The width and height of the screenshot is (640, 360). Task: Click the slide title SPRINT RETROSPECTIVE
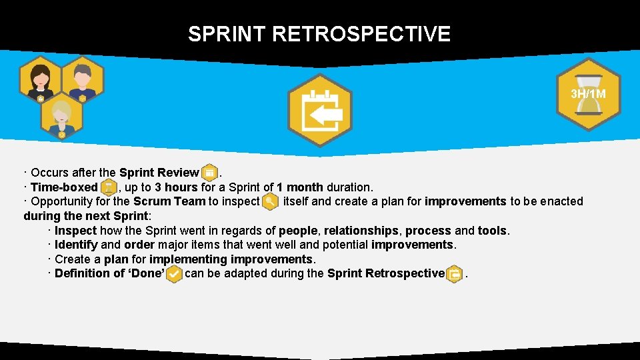[x=319, y=34]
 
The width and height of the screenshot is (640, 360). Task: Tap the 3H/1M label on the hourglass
[x=588, y=94]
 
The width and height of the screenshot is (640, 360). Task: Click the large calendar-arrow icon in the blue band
[x=319, y=111]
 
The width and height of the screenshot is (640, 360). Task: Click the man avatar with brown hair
[x=83, y=79]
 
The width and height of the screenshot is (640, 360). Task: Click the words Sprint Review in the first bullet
[x=159, y=173]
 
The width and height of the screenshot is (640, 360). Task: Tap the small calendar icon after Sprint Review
[x=209, y=173]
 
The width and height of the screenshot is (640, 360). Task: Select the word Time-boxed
[x=64, y=187]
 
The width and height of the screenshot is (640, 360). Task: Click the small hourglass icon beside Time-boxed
[x=108, y=188]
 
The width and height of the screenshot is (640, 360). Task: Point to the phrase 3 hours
[x=176, y=187]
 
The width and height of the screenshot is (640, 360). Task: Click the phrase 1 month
[x=300, y=187]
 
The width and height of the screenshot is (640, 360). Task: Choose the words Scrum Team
[x=169, y=201]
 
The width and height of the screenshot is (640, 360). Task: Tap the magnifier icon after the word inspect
[x=271, y=201]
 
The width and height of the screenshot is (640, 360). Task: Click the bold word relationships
[x=361, y=231]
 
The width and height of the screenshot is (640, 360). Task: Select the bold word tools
[x=492, y=231]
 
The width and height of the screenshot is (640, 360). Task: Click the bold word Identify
[x=75, y=245]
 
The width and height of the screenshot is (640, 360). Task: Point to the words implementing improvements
[x=231, y=259]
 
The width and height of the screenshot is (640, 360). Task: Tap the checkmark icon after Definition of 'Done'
[x=173, y=274]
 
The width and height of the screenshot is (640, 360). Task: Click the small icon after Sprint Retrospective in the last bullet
[x=454, y=274]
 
